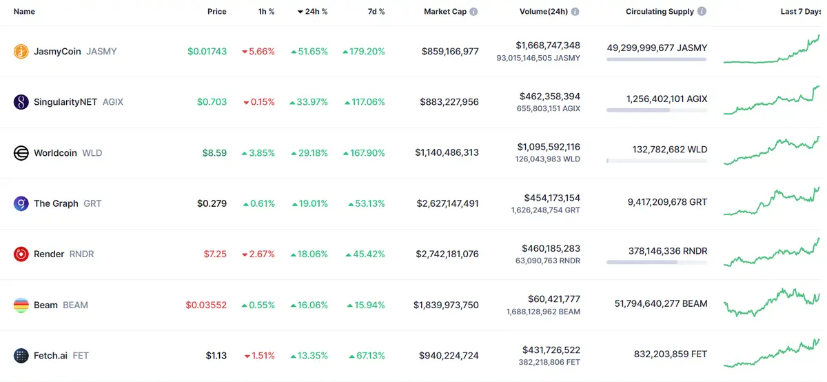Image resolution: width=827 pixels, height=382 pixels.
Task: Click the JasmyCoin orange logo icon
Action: click(x=21, y=51)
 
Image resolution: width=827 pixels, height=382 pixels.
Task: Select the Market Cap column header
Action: click(x=445, y=12)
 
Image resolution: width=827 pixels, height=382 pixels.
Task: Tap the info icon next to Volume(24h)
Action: click(x=575, y=12)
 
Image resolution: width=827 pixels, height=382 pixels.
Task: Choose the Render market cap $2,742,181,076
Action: click(x=447, y=254)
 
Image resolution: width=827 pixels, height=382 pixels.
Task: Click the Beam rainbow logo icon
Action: click(x=21, y=305)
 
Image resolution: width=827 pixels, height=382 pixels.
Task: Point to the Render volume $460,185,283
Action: click(x=551, y=248)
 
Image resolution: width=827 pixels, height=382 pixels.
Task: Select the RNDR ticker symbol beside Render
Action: click(x=81, y=254)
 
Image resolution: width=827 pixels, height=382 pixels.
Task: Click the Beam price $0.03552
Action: click(x=206, y=305)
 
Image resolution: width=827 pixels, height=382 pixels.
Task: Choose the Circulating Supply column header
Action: click(x=660, y=12)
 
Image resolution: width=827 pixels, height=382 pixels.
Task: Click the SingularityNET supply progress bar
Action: click(x=656, y=110)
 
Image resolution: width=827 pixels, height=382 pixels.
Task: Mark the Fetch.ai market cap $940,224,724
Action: click(x=449, y=356)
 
